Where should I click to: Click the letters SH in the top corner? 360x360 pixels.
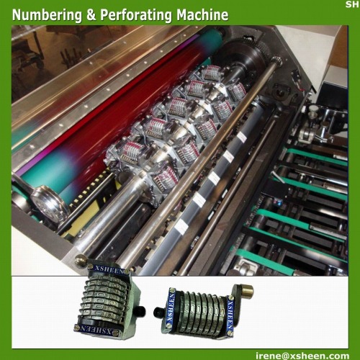point(351,4)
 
